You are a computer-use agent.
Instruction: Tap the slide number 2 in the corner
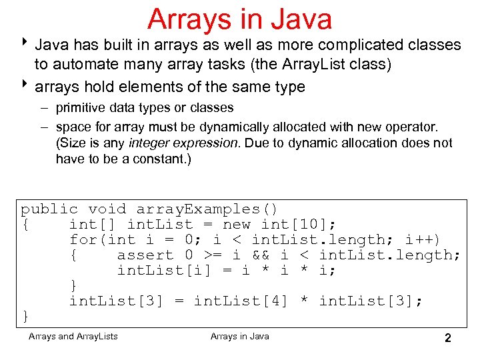tap(448, 338)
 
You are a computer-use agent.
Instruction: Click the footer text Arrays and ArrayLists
tap(73, 336)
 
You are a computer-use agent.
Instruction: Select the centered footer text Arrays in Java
tap(240, 336)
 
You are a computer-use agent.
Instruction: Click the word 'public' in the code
tap(49, 209)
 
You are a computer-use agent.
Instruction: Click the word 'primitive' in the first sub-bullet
tap(80, 107)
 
